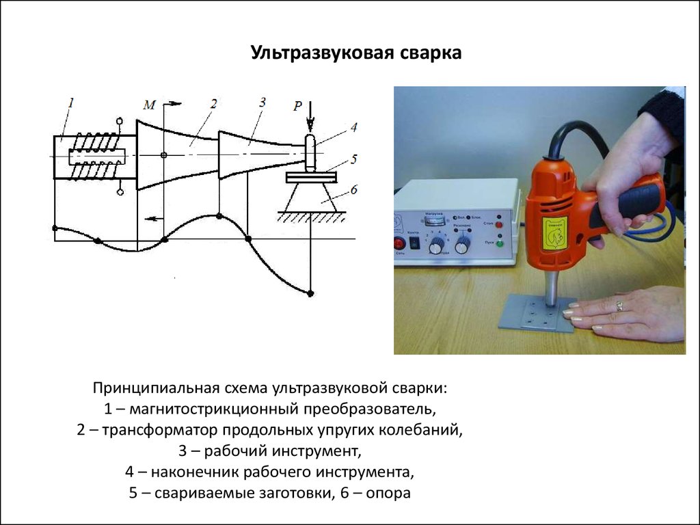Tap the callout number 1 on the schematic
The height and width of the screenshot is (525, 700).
click(x=71, y=103)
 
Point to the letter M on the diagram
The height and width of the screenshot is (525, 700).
click(x=150, y=105)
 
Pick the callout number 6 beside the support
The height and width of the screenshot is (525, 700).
click(x=353, y=189)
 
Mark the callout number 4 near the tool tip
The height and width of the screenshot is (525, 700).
click(x=353, y=127)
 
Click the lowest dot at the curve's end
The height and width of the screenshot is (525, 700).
click(x=310, y=293)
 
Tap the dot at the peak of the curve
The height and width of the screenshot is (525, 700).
click(x=218, y=216)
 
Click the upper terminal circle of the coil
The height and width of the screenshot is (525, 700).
click(x=120, y=122)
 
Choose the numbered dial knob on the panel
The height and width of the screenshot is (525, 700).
click(x=435, y=247)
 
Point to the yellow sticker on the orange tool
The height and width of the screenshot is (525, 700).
click(x=554, y=233)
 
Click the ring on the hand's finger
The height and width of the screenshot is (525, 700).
click(x=619, y=306)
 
